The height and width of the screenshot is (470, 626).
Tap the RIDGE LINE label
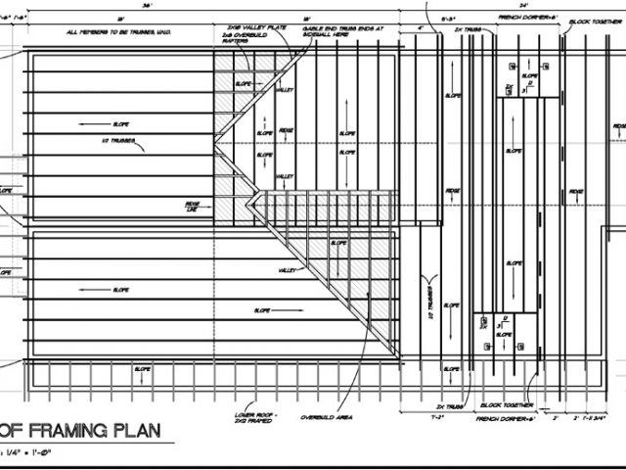(193, 207)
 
